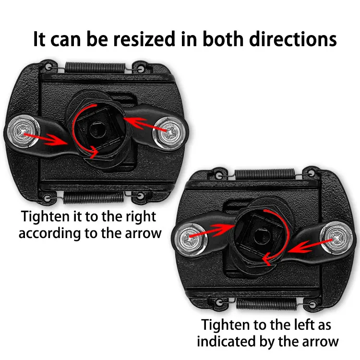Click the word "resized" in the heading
(145, 39)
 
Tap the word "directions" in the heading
(293, 39)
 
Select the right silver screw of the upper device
(170, 133)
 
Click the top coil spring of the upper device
(96, 68)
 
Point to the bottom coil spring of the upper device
(94, 197)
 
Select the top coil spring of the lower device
(264, 175)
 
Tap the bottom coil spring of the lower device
(267, 303)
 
